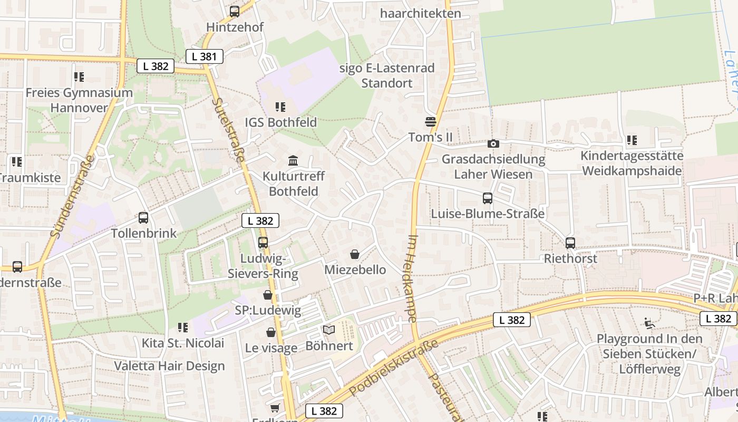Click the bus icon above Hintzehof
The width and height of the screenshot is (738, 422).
pos(235,11)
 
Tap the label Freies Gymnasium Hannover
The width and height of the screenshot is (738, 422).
pos(79,100)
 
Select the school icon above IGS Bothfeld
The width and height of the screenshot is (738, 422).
pos(280,107)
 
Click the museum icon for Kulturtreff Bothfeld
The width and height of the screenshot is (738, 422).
pos(293,160)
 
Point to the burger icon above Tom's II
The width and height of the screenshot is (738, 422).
pos(431,122)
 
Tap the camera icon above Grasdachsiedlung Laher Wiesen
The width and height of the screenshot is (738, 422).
pos(493,143)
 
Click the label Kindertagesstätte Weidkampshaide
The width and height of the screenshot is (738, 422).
pos(632,164)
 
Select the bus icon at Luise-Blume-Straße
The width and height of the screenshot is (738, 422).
pos(488,198)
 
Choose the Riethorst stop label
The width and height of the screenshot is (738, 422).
pos(570,258)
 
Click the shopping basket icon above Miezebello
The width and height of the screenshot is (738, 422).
pos(355,254)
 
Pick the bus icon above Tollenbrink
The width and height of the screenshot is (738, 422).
pos(143,217)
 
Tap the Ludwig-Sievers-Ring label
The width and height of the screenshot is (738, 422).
pos(263,266)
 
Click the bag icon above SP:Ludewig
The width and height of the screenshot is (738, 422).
pos(268,295)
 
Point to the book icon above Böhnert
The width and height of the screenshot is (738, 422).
pos(329,330)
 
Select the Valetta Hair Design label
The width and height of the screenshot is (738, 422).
pos(169,366)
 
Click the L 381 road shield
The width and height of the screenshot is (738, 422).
pos(205,56)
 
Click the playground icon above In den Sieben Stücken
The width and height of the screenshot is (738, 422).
pos(649,323)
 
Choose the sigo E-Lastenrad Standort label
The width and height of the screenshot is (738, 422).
pos(387,75)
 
